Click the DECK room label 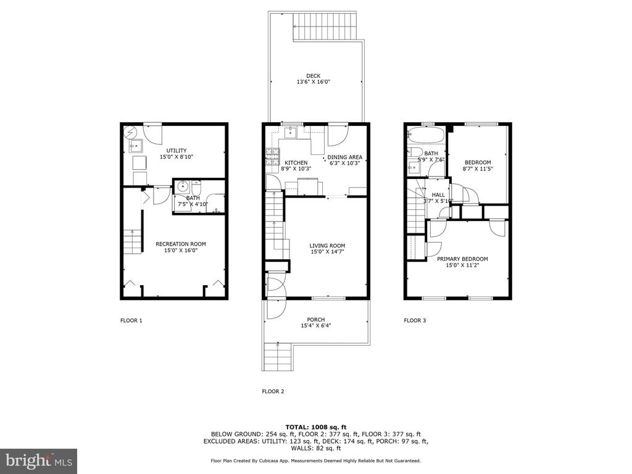[313, 76]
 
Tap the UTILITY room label [177, 151]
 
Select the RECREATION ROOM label [181, 244]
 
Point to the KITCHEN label [296, 163]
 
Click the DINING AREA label [344, 157]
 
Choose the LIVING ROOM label [327, 246]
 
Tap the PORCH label [316, 320]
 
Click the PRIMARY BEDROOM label [462, 259]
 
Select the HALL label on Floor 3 [438, 194]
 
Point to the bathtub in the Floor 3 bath [426, 135]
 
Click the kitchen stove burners [272, 157]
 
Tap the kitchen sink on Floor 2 [290, 132]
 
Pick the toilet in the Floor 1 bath [196, 188]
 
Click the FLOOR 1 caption [131, 320]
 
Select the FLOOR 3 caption [415, 320]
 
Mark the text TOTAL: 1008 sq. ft [316, 427]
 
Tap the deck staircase [325, 26]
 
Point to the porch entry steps [277, 357]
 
